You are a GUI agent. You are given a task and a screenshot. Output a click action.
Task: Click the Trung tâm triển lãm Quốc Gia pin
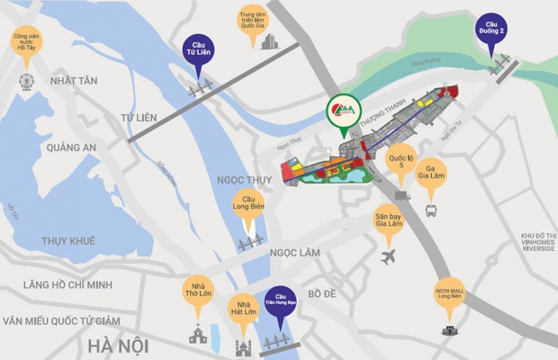(x=254, y=22)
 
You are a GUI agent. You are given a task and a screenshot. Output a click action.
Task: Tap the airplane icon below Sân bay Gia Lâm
(x=389, y=257)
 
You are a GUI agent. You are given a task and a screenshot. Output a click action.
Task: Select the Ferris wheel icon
(x=25, y=81)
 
